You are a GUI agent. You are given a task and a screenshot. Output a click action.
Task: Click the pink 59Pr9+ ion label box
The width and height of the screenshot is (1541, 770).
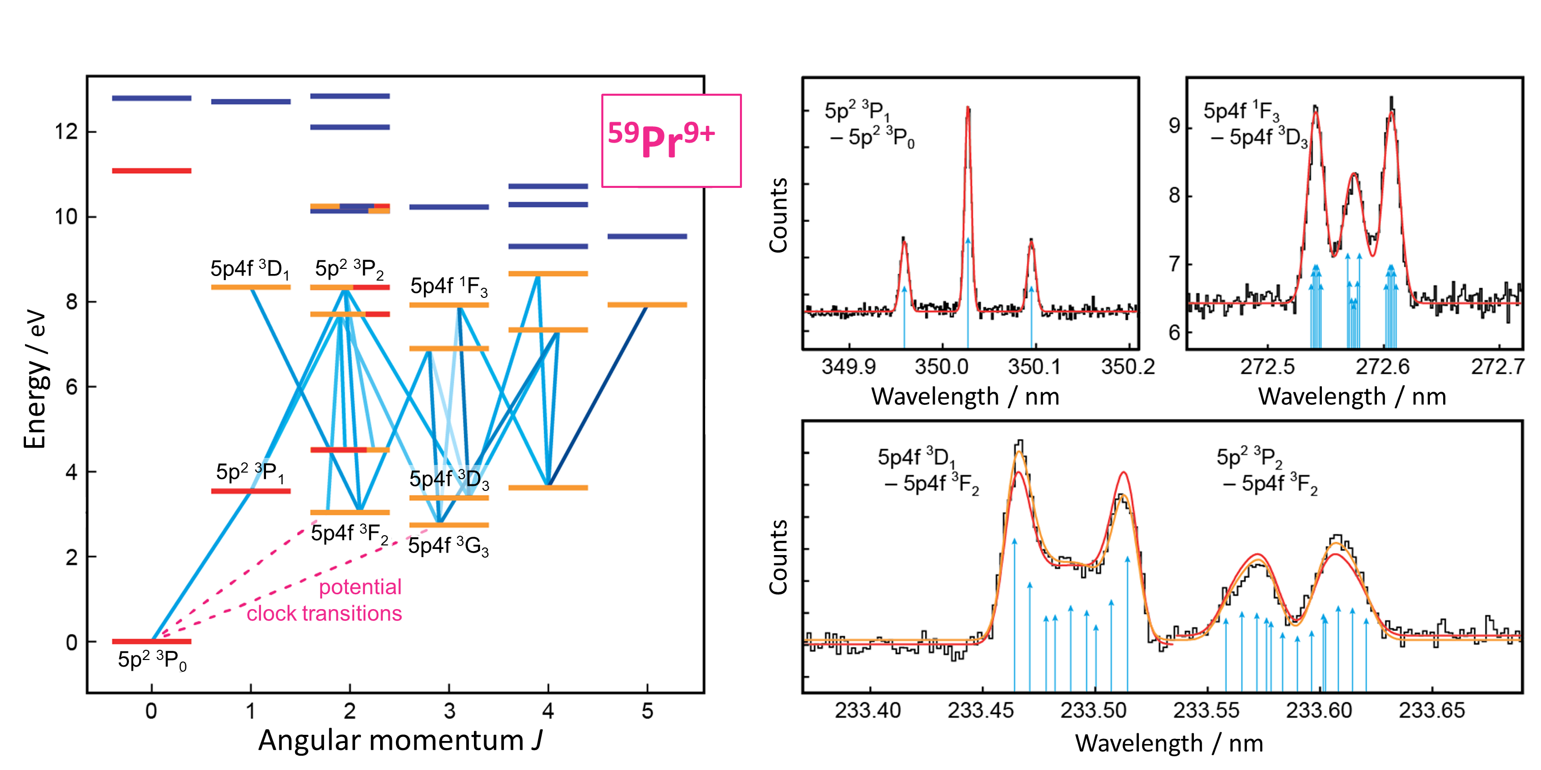[671, 141]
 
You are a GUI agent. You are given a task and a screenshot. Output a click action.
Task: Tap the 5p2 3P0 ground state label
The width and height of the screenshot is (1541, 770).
[152, 660]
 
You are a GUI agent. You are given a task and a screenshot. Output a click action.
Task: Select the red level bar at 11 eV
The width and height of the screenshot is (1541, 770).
[152, 171]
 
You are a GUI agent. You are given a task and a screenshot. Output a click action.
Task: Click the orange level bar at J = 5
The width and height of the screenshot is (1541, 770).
[647, 305]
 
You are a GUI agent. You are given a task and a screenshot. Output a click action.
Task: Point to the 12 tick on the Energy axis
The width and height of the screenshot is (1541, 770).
[66, 131]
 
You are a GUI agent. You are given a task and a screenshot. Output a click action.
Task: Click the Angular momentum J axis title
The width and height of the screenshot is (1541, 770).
[400, 740]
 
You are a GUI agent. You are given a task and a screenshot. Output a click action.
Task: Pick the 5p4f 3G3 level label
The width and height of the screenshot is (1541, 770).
[448, 546]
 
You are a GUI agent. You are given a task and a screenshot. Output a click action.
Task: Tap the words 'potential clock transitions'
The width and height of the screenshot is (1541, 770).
[326, 600]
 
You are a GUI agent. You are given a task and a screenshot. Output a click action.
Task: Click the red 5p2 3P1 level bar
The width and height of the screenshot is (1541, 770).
[251, 491]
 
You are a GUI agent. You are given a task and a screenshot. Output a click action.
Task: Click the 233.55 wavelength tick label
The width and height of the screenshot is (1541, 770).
[1206, 710]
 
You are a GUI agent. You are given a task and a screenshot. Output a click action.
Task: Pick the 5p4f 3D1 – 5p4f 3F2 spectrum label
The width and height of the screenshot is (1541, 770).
[927, 471]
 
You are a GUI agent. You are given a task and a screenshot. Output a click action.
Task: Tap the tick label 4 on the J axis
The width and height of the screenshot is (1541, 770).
[548, 711]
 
